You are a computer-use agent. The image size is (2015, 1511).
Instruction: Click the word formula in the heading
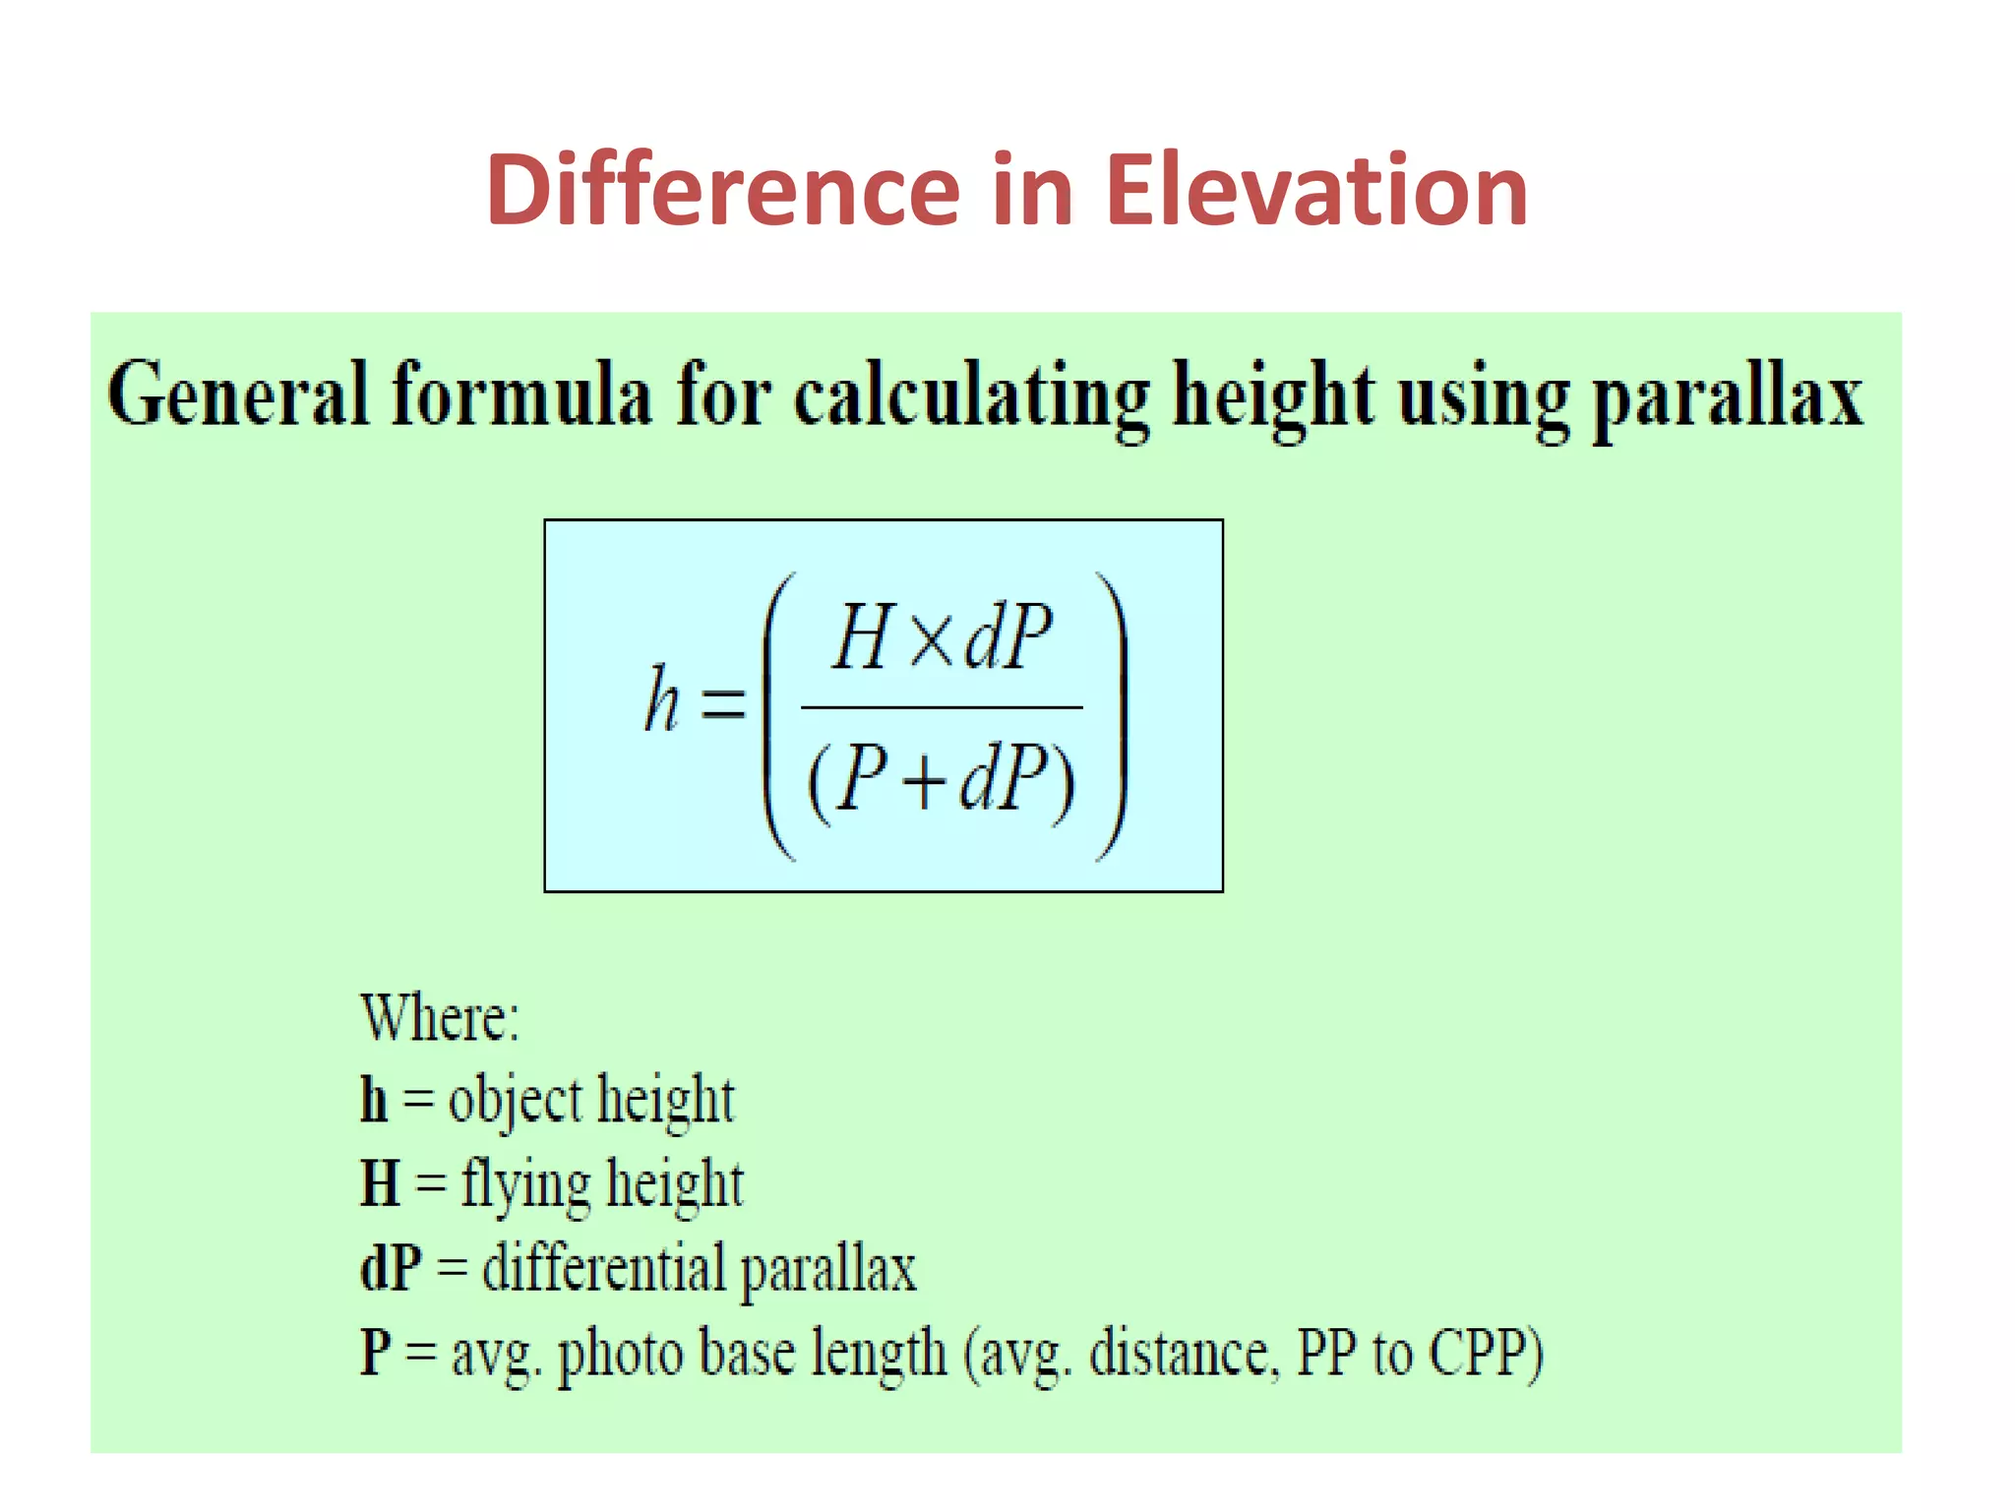(521, 394)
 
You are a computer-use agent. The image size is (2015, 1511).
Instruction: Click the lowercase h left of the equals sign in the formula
(662, 700)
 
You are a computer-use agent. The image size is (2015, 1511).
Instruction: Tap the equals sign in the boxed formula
(723, 702)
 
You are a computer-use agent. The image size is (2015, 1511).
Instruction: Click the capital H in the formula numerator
(864, 637)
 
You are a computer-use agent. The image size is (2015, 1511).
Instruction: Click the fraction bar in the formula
(942, 707)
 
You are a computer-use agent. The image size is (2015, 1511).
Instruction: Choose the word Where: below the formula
(440, 1017)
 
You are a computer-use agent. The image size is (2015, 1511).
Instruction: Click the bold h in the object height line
(374, 1099)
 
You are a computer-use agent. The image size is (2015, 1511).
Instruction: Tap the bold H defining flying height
(380, 1182)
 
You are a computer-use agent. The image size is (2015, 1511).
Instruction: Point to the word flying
(525, 1184)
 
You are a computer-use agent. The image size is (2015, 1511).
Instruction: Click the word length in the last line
(879, 1354)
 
